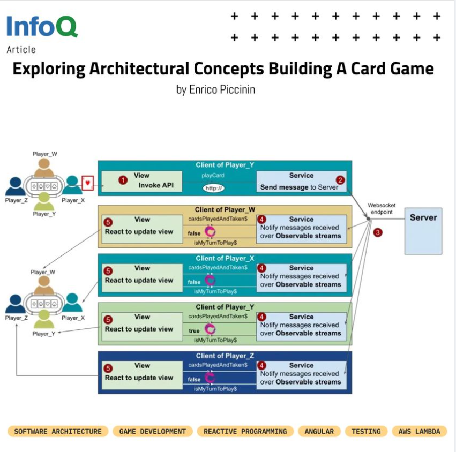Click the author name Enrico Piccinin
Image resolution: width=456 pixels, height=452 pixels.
tap(215, 89)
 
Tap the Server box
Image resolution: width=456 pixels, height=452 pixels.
tap(423, 230)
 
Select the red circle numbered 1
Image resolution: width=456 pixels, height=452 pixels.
tap(123, 180)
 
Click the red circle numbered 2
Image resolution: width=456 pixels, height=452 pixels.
tap(339, 180)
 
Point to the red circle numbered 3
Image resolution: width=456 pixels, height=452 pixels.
tap(377, 233)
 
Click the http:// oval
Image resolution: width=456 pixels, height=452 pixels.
tap(213, 188)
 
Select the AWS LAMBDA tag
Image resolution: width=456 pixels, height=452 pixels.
tap(420, 431)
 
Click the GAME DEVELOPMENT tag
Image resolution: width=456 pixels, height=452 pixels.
tap(152, 431)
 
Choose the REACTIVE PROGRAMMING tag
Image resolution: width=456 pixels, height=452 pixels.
tap(245, 431)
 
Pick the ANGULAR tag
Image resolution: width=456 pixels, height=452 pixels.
tap(319, 431)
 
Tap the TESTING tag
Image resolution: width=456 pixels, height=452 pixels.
tap(366, 431)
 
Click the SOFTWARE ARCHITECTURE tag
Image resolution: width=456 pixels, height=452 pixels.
tap(58, 431)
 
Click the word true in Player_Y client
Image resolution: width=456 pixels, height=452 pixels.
tap(194, 331)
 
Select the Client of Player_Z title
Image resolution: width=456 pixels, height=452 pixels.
tap(225, 356)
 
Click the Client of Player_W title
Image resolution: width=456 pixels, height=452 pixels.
tap(225, 209)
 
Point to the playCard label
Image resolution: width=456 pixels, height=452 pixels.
tap(213, 175)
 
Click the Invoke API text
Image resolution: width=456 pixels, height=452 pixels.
tap(156, 185)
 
